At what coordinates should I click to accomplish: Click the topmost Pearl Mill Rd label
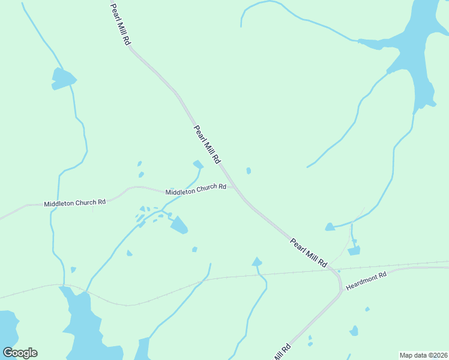[120, 25]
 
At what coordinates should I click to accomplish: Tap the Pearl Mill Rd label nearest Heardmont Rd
[308, 253]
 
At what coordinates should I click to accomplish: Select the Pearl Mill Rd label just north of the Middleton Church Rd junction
[207, 145]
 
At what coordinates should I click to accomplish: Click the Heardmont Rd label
[367, 281]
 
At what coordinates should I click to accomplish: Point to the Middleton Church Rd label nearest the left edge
[74, 203]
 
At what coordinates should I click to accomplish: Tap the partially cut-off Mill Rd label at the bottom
[283, 352]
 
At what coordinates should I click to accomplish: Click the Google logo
[20, 353]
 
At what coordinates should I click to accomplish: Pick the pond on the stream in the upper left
[63, 79]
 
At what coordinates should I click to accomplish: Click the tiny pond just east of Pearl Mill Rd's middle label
[249, 171]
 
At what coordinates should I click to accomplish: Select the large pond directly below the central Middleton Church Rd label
[179, 226]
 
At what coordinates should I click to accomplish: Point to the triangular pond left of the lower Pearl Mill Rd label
[257, 262]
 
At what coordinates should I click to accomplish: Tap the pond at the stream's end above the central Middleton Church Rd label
[198, 164]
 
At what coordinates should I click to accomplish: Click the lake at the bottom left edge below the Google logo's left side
[8, 327]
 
